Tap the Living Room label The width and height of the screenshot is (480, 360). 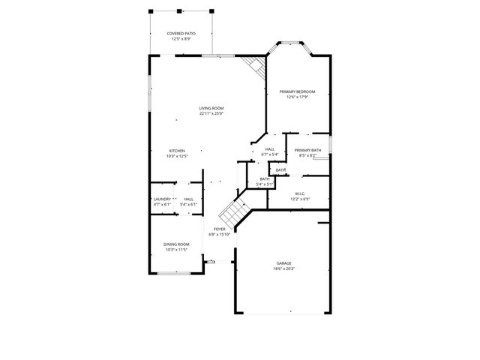point(211,108)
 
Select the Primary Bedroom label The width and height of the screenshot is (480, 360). point(297,91)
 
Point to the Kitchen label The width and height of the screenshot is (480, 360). point(177,151)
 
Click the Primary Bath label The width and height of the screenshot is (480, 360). point(307,151)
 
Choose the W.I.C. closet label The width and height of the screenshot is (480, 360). point(300,194)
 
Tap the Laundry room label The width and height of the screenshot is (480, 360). point(163,199)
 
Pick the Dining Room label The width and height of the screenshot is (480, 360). point(177,244)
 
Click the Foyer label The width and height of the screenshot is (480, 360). point(220,229)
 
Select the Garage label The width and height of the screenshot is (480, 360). point(283,263)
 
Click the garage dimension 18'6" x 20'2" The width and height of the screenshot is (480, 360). point(283,268)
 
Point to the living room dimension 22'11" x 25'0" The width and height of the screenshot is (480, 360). point(211,113)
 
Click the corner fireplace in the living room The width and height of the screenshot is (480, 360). point(257,67)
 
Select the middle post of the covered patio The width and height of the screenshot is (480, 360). point(180,11)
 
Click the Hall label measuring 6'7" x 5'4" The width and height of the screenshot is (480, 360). point(269,149)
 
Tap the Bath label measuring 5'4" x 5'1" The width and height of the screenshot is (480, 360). point(265,178)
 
